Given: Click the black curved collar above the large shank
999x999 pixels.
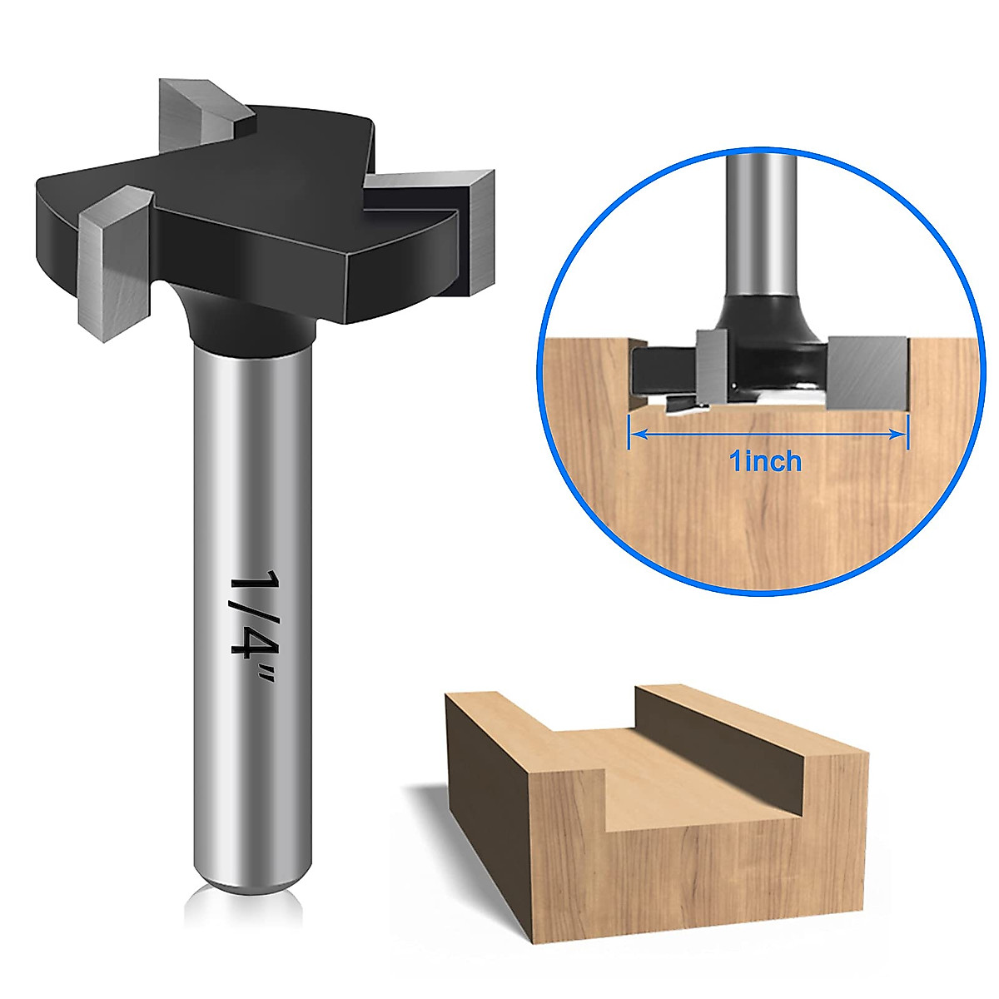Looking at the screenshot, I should pyautogui.click(x=250, y=325).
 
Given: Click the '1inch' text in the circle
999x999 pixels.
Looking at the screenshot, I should pyautogui.click(x=765, y=460).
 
